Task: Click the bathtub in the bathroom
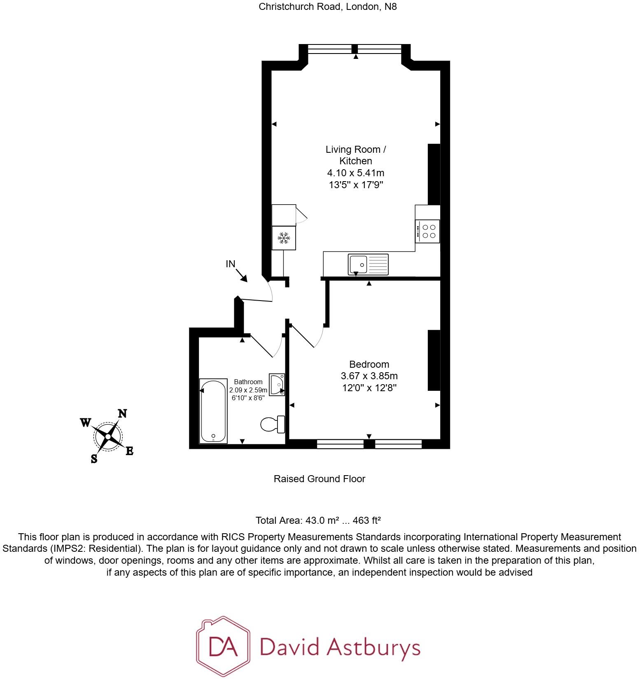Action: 213,411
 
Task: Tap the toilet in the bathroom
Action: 273,424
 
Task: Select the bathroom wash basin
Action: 277,384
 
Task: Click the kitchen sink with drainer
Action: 368,264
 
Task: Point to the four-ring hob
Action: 428,231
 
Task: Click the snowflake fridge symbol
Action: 284,238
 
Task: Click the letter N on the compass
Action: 122,413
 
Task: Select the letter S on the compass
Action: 94,459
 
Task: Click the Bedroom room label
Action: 369,364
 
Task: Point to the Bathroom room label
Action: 248,382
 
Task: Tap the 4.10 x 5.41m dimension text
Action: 356,173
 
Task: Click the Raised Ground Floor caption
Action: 319,479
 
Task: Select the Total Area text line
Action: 318,520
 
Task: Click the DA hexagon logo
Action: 223,646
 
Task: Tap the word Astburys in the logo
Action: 373,647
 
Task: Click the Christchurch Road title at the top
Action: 328,7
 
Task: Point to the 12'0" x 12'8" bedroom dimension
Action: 369,387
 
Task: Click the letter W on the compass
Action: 85,423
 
